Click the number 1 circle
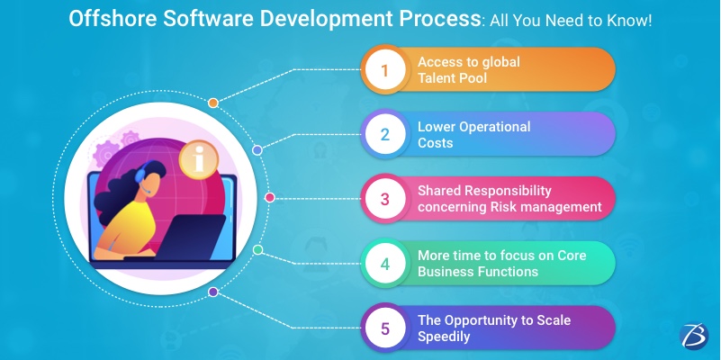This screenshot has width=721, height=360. click(x=384, y=70)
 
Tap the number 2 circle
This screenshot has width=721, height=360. click(x=384, y=135)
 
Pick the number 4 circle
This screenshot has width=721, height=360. click(x=384, y=265)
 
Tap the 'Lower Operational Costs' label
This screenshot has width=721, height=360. click(x=473, y=135)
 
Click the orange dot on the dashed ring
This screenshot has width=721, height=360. click(x=212, y=103)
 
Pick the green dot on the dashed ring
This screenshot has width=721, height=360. click(x=257, y=249)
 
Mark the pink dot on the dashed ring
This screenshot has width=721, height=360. click(x=269, y=197)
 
